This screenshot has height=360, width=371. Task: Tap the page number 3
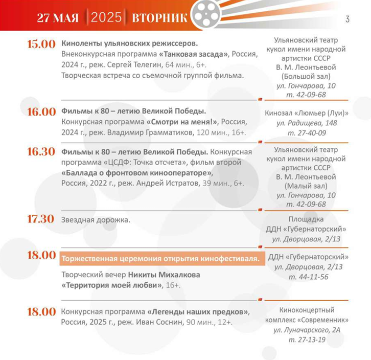point(347,19)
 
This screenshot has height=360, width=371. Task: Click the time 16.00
point(41,111)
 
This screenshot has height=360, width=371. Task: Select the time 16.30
point(41,152)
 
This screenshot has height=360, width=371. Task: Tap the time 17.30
point(41,219)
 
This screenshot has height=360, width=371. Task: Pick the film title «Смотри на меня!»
point(182,122)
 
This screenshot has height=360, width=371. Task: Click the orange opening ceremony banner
point(160,258)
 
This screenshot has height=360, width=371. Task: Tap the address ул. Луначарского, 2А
point(307,330)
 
